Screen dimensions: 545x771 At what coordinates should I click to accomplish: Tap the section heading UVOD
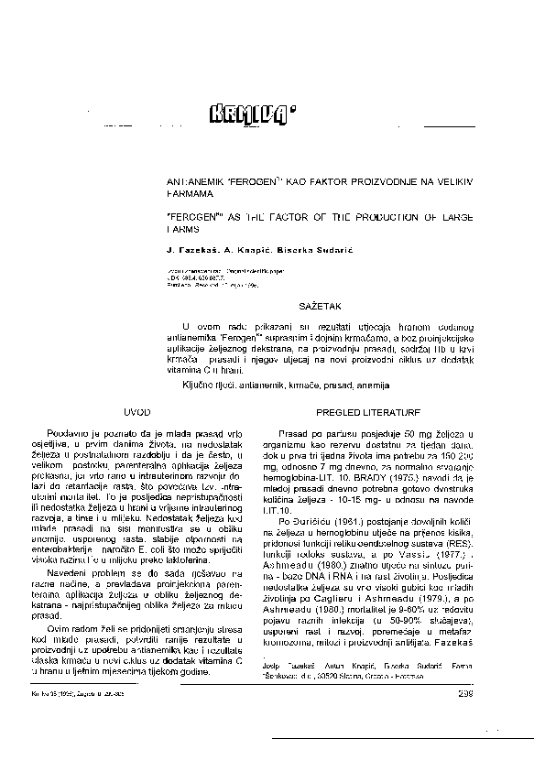click(x=135, y=415)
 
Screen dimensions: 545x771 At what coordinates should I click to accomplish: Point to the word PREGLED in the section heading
click(x=342, y=415)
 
